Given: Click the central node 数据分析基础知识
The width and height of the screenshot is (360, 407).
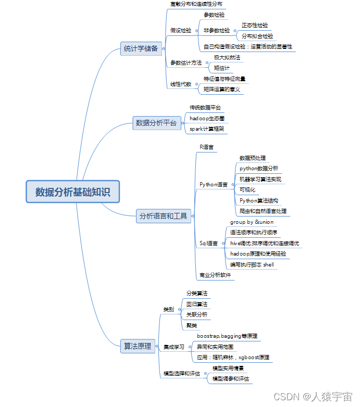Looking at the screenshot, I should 73,192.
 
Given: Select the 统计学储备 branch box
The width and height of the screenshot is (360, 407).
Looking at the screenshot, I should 140,49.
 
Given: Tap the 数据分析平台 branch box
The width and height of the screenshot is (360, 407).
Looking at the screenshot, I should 156,123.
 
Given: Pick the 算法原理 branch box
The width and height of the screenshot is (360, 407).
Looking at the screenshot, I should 138,346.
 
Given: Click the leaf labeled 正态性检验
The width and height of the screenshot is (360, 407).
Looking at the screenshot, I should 255,25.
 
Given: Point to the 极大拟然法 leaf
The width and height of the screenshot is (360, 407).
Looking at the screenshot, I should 227,57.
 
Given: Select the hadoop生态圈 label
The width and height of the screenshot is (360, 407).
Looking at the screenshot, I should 207,118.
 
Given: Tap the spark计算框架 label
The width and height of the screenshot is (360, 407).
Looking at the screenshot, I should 207,129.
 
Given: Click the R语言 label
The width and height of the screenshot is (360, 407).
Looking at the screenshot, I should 206,147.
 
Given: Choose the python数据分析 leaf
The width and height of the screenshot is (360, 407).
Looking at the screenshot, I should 258,169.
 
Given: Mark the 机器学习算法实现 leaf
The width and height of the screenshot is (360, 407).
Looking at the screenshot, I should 260,179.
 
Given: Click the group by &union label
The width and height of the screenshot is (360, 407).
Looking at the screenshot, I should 252,222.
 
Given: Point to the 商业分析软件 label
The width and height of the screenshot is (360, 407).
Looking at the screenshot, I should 215,275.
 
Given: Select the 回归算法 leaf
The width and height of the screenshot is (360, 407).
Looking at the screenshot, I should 197,304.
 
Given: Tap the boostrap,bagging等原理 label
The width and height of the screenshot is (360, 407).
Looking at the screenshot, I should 227,336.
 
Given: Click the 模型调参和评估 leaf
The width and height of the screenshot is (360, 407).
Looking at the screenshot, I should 231,378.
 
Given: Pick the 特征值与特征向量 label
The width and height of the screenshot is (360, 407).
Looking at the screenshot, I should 225,79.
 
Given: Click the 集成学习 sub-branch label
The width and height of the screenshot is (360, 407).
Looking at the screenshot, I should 173,347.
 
